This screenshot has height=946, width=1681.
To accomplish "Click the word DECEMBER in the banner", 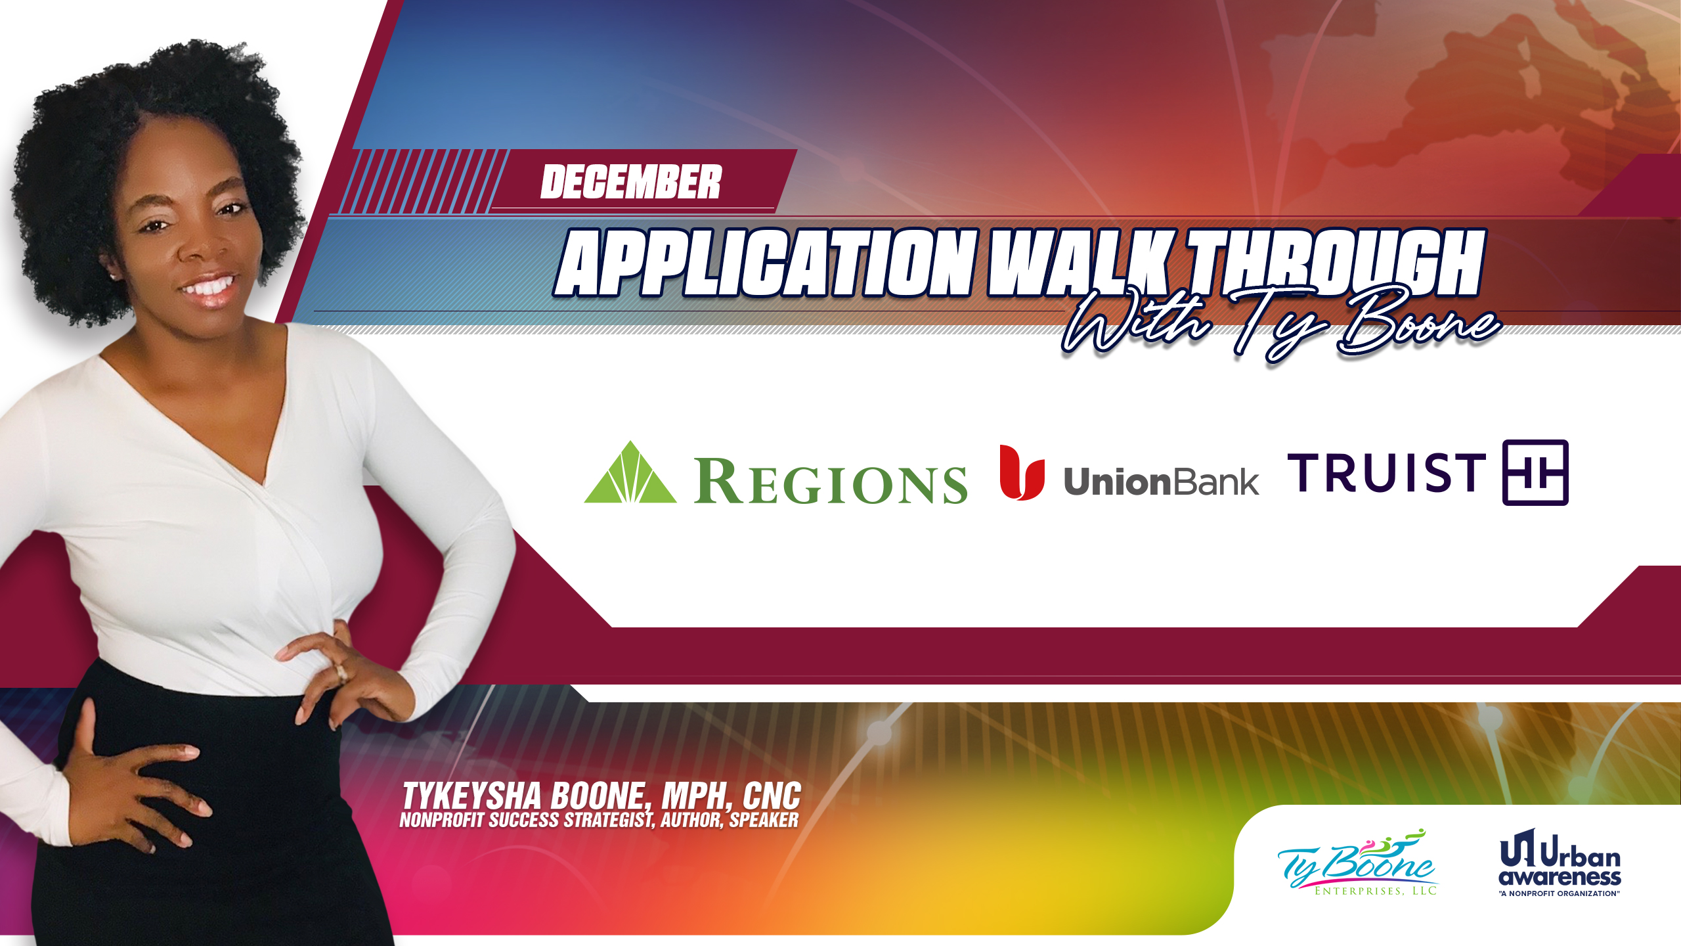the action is click(631, 182).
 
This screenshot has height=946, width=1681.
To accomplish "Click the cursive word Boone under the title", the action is click(1418, 322).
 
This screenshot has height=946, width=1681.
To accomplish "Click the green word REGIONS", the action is click(831, 482).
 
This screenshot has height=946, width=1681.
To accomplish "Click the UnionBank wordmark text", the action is click(1161, 482).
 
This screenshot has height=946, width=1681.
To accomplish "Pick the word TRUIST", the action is click(1387, 472).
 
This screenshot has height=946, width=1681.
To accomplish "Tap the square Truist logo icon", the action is click(1535, 472).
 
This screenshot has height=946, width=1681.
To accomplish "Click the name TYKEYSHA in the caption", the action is click(472, 796).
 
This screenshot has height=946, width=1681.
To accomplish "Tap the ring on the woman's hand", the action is click(341, 672).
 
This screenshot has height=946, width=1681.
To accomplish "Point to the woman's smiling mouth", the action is click(209, 289).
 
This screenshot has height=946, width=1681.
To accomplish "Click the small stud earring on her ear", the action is click(114, 277).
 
